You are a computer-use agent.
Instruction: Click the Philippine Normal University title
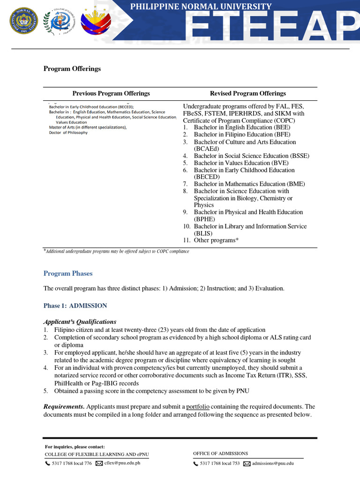[x=201, y=7]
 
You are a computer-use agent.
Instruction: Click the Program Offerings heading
[x=72, y=69]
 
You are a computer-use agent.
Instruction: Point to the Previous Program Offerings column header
[x=111, y=93]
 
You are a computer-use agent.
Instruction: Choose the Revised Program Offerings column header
[x=247, y=93]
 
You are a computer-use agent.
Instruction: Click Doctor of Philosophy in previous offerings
[x=68, y=133]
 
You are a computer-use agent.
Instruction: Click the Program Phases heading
[x=68, y=273]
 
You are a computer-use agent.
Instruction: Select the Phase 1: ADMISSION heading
[x=75, y=306]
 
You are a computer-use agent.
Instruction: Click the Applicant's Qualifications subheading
[x=80, y=322]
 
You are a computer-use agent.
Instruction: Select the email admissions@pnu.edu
[x=273, y=463]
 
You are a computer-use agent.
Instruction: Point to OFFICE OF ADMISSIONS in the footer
[x=220, y=453]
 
